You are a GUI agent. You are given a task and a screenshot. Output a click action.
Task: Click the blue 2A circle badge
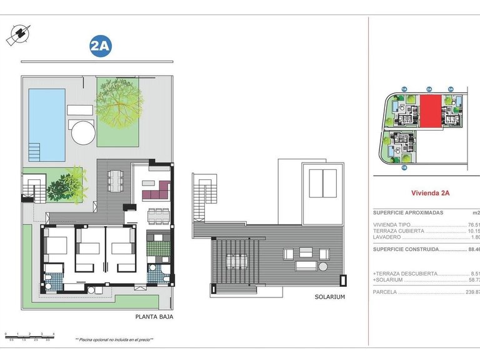[101, 46]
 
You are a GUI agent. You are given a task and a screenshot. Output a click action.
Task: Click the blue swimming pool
[47, 124]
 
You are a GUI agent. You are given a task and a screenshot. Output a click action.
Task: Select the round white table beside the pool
[82, 132]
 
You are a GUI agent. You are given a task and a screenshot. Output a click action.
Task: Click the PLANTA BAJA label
[154, 317]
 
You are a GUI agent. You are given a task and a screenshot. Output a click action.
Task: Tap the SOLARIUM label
[329, 297]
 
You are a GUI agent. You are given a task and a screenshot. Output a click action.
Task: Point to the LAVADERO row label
[387, 237]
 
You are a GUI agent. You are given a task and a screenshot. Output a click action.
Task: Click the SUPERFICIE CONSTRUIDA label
[404, 249]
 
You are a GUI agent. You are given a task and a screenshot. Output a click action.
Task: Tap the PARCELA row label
[385, 291]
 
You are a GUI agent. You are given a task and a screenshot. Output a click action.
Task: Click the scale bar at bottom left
[29, 336]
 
